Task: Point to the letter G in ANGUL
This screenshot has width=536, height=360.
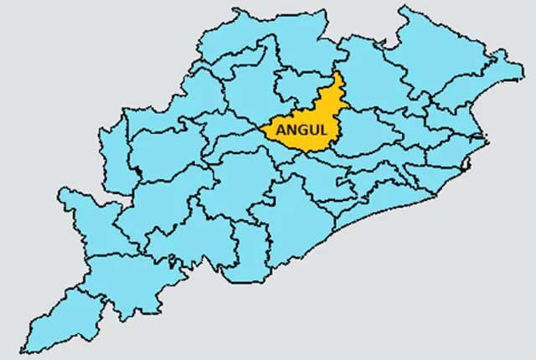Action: (x=297, y=131)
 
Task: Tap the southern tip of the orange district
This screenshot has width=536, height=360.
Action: (x=311, y=152)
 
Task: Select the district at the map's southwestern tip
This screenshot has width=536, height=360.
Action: (x=59, y=314)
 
